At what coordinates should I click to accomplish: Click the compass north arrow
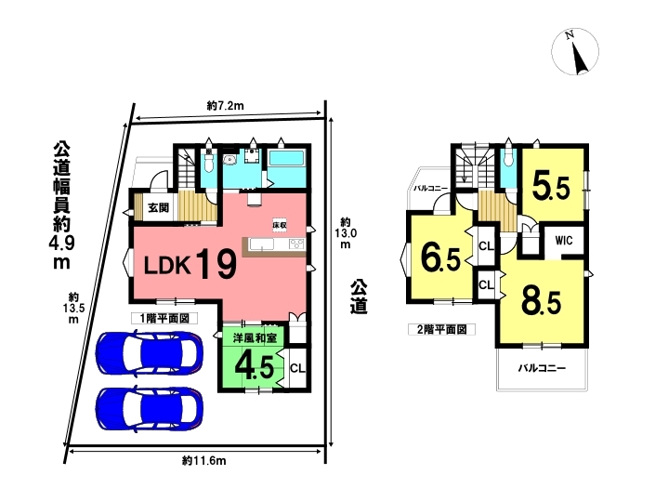point(580,58)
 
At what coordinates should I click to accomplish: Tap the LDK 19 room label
point(190,263)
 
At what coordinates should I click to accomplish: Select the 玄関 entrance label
point(158,207)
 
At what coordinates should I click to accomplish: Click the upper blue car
point(150,351)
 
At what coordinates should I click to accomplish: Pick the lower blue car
point(150,408)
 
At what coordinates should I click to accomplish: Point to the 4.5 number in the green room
point(255,367)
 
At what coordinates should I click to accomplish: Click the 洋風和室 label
point(255,337)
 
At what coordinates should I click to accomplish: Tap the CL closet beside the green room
point(297,368)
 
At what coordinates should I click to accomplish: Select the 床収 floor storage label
point(280,224)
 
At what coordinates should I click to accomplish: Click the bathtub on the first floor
point(286,159)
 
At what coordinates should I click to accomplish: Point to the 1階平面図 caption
point(164,319)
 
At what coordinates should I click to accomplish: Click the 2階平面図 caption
point(441,330)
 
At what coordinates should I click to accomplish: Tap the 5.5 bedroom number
point(551,187)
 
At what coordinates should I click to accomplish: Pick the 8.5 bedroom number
point(541,301)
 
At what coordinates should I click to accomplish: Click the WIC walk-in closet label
point(564,241)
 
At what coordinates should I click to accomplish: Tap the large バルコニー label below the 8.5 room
point(542,368)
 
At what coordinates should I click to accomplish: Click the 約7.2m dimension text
point(225,106)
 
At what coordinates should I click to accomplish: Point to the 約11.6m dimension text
point(204,461)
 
